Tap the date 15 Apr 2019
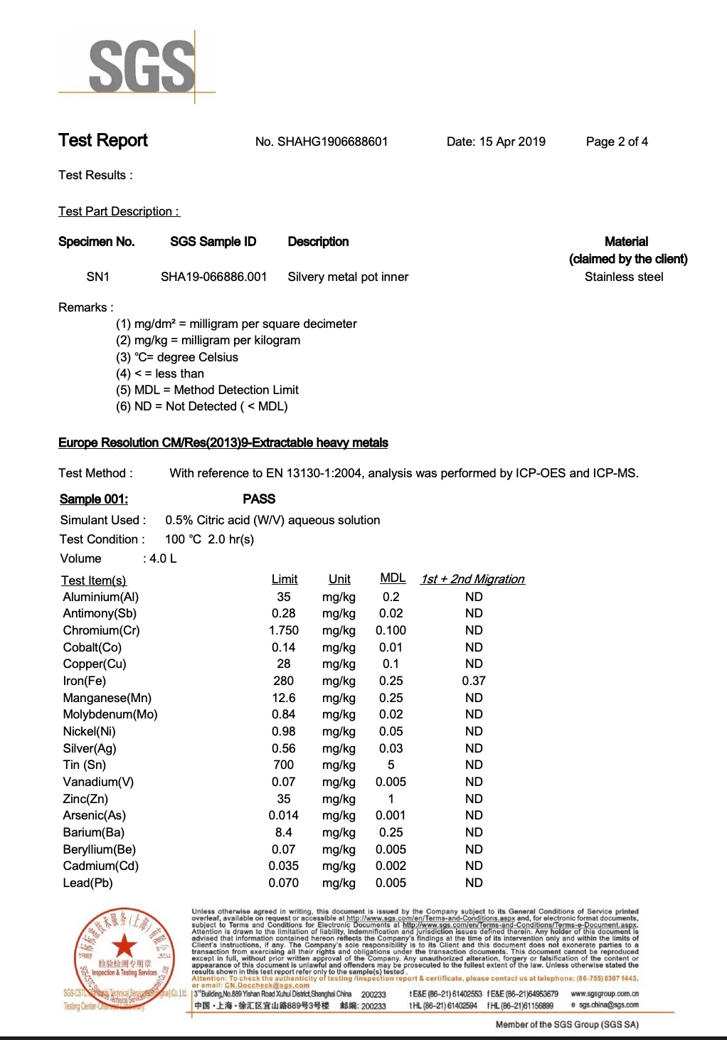(512, 142)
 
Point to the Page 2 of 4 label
(617, 142)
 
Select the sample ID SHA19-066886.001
(213, 277)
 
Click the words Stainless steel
(624, 277)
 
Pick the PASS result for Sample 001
(259, 499)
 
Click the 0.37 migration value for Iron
(474, 681)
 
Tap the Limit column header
(285, 579)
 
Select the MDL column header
(393, 578)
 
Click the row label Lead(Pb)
(88, 883)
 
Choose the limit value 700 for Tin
(284, 765)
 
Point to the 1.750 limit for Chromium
(284, 630)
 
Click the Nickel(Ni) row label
(90, 731)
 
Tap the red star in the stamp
(125, 945)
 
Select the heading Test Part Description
(119, 211)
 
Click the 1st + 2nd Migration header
(472, 579)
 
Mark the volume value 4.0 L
(163, 558)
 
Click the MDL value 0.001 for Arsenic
(391, 815)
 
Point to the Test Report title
(103, 140)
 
